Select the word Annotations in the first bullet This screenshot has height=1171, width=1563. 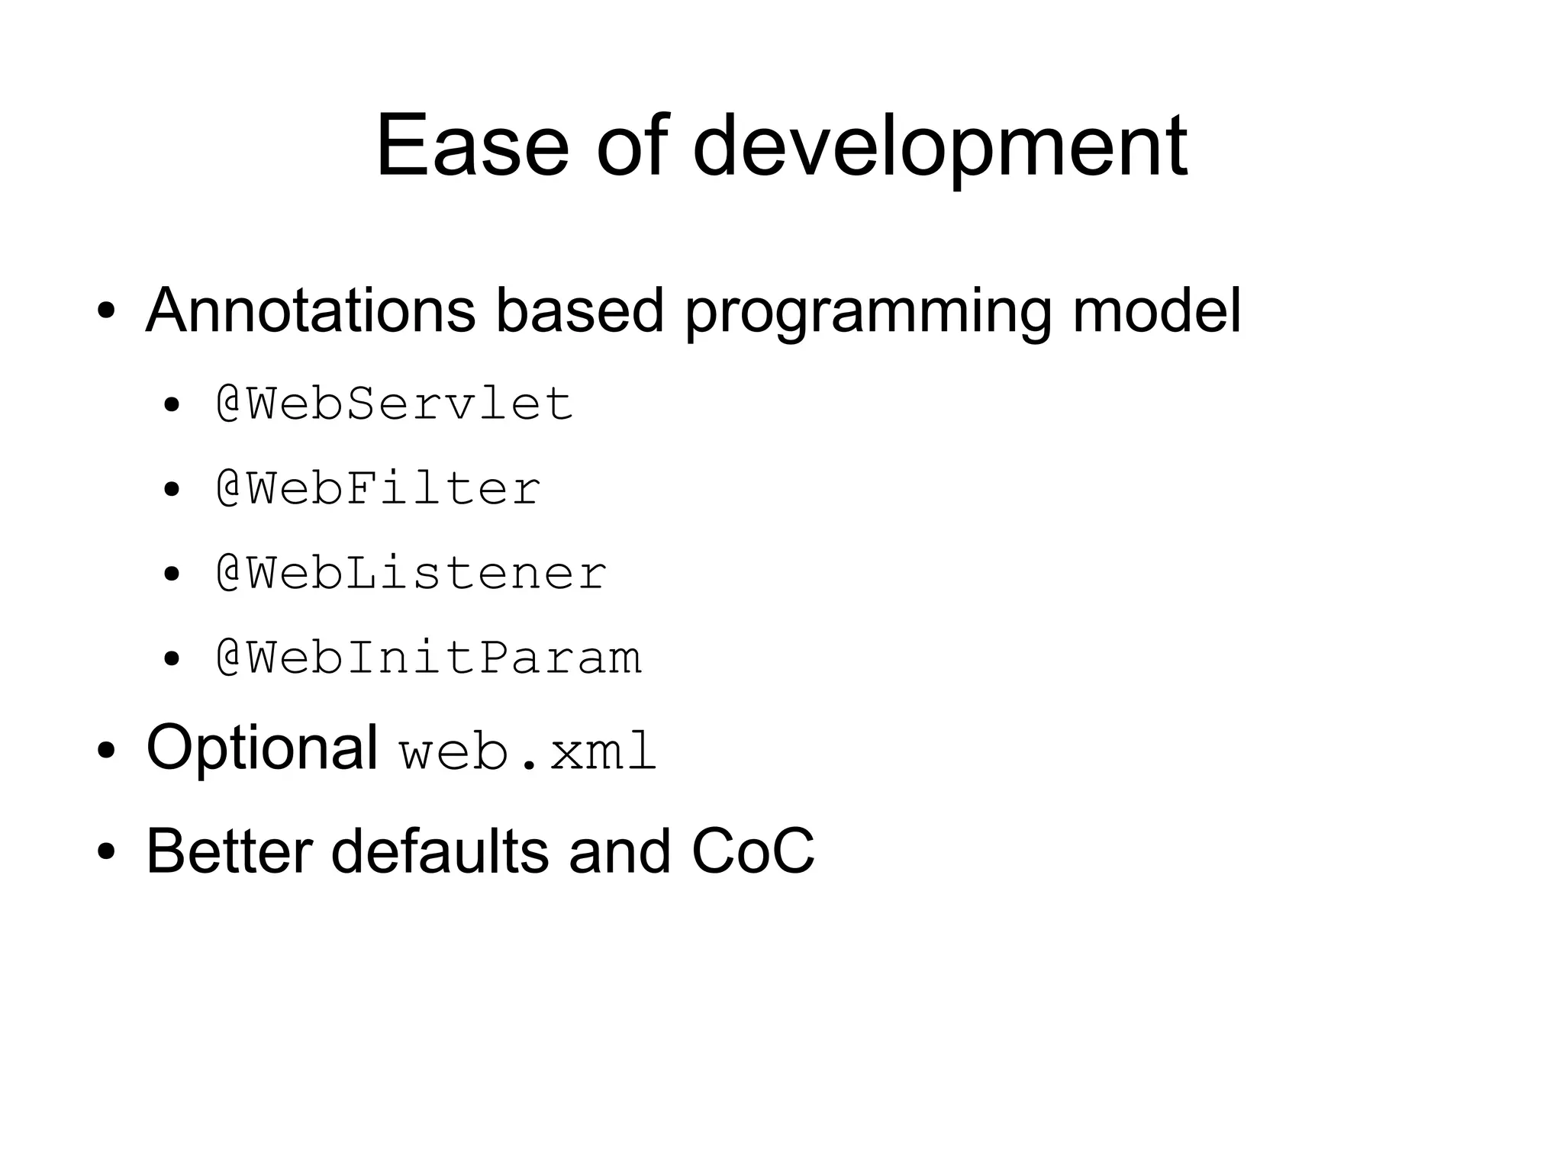(x=310, y=310)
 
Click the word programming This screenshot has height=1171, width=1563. (x=868, y=310)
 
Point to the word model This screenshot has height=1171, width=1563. (x=1156, y=310)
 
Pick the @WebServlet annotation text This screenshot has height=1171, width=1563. (x=394, y=404)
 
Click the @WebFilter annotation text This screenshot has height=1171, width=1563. (x=378, y=488)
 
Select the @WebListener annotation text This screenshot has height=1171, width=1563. (x=411, y=573)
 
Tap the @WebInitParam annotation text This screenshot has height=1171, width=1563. (x=428, y=658)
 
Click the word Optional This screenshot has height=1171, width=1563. (x=262, y=748)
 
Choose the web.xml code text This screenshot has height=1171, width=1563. (x=527, y=752)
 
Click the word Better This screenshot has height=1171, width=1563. (x=229, y=851)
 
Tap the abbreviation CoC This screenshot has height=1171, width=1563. (x=752, y=851)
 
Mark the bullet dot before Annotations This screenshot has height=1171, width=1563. (x=106, y=312)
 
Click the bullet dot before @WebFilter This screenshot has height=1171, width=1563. (x=172, y=490)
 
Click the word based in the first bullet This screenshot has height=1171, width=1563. (x=579, y=310)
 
